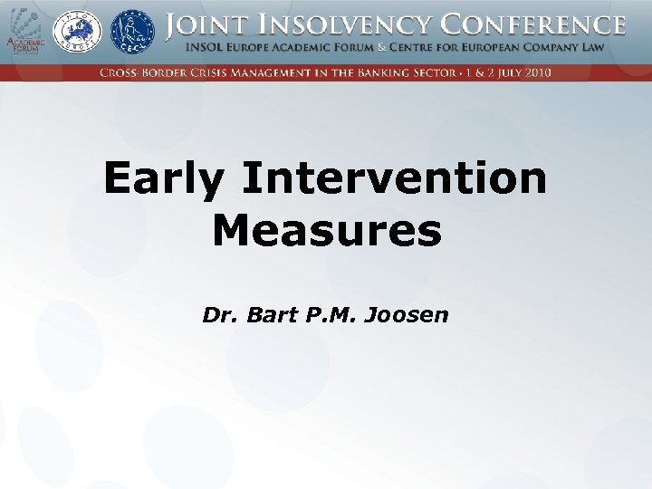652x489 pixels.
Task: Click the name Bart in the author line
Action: pyautogui.click(x=266, y=315)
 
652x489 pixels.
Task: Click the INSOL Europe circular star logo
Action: pyautogui.click(x=78, y=31)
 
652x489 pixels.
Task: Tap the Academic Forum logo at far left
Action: pyautogui.click(x=24, y=31)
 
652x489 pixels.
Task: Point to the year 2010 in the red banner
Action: pyautogui.click(x=536, y=72)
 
